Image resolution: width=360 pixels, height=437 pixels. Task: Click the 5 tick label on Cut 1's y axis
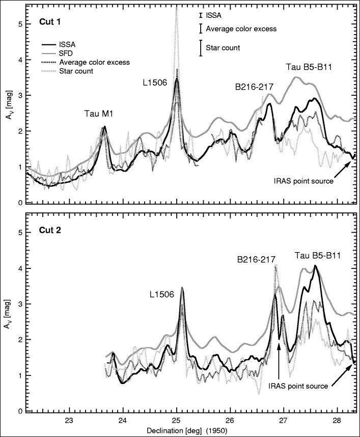(20, 24)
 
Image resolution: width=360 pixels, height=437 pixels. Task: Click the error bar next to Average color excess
(201, 29)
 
